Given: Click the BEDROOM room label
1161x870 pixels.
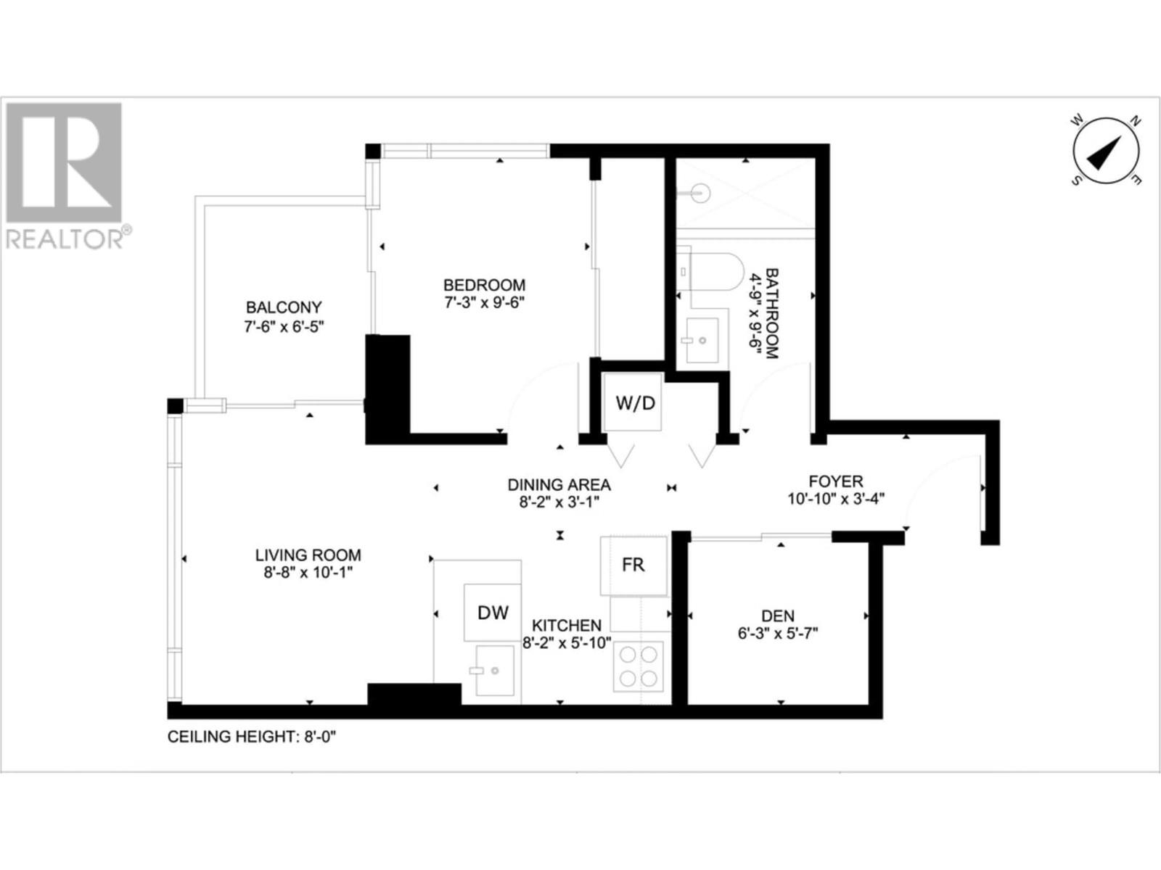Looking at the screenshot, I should click(484, 285).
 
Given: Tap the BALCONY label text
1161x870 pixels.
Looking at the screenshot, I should click(283, 307).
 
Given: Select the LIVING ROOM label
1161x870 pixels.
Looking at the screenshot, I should click(308, 555).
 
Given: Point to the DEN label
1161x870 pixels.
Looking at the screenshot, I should click(777, 616).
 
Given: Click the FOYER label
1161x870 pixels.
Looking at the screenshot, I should click(836, 481).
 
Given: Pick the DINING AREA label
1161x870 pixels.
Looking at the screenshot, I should click(559, 485).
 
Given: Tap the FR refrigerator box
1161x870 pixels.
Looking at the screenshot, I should click(633, 565).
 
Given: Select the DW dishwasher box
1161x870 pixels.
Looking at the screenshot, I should click(493, 613).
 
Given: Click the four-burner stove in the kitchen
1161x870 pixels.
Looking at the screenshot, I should click(639, 666).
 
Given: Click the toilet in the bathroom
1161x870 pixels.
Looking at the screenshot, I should click(711, 271).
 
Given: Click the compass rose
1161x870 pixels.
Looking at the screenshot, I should click(1106, 151).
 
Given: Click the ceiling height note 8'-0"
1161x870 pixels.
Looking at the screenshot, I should click(252, 737).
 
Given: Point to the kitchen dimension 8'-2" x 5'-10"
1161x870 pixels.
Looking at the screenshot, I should click(567, 642).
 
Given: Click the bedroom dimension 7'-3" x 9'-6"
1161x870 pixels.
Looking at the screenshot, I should click(484, 303).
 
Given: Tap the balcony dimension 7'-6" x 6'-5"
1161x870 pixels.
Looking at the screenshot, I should click(283, 326).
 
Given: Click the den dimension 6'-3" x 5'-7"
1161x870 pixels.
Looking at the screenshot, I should click(777, 634).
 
